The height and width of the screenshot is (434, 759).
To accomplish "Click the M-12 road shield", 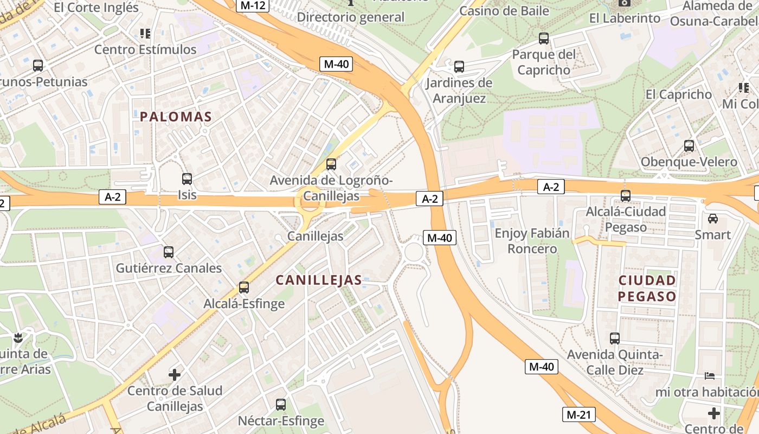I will [x=253, y=5].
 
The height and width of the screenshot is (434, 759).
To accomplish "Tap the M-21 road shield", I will [x=578, y=414].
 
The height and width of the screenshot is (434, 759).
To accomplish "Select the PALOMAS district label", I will [x=176, y=117].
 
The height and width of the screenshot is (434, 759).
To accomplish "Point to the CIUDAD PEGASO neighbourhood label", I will [x=647, y=288].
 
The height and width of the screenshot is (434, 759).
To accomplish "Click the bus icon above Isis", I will [x=187, y=178].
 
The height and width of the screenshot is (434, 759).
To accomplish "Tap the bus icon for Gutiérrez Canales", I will [x=169, y=252].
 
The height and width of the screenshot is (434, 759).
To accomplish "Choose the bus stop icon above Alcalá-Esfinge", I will [x=244, y=287].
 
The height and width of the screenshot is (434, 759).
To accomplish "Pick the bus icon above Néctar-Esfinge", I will [x=281, y=404].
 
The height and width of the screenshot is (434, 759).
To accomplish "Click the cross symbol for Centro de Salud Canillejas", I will [x=175, y=374].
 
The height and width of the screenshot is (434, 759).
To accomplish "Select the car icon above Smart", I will [x=713, y=219].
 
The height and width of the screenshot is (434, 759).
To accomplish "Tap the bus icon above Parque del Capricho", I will [x=544, y=39].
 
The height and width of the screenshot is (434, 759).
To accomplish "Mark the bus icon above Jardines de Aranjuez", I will [x=459, y=67].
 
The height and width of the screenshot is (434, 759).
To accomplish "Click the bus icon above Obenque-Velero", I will [x=689, y=145].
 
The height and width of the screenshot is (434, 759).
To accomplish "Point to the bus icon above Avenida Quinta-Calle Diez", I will [x=615, y=339].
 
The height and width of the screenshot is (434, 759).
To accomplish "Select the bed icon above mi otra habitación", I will [x=710, y=375].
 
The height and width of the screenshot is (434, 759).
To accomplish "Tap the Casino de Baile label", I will [x=504, y=11].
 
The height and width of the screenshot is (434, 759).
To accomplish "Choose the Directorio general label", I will [x=351, y=17].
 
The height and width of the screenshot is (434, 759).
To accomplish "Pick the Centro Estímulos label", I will [x=145, y=49].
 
